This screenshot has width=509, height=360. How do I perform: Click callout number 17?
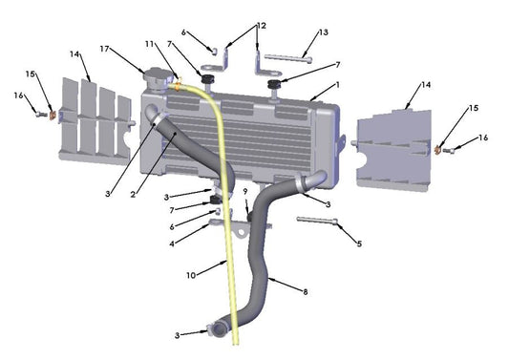[103, 49]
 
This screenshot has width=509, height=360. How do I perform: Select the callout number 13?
[323, 32]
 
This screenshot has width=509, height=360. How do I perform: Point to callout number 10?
[190, 275]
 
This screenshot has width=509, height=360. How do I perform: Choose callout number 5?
[359, 244]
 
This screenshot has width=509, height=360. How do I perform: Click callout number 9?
[244, 191]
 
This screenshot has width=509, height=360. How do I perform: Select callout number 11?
[149, 45]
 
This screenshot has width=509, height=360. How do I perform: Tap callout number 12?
[262, 25]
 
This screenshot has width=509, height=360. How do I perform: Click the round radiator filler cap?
[156, 74]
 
